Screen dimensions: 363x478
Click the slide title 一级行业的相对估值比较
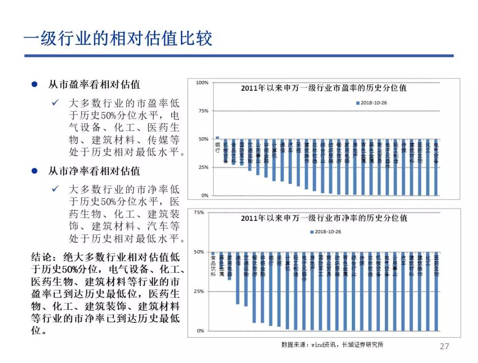point(118,39)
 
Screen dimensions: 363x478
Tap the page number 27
point(444,346)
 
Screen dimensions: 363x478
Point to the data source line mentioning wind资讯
point(332,344)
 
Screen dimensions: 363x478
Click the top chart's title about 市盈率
point(324,88)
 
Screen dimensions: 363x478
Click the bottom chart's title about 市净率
point(324,218)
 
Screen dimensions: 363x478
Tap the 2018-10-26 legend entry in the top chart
point(372,103)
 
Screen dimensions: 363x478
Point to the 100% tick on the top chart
point(202,83)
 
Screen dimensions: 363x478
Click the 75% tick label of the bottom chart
point(199,212)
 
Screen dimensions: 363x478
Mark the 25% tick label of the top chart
point(203,167)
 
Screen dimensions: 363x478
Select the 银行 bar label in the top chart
point(217,147)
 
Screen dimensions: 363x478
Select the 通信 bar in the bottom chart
point(238,288)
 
